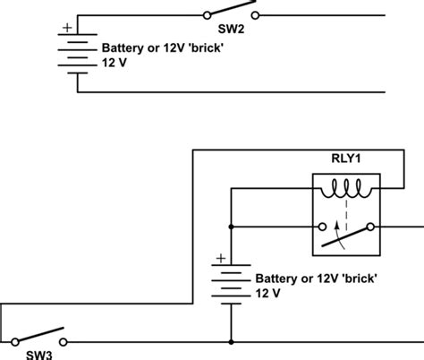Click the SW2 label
tap(230, 30)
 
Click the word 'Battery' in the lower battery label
tap(278, 279)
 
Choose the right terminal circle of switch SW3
tap(63, 341)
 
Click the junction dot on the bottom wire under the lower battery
tap(232, 341)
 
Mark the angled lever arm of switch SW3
tap(39, 334)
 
